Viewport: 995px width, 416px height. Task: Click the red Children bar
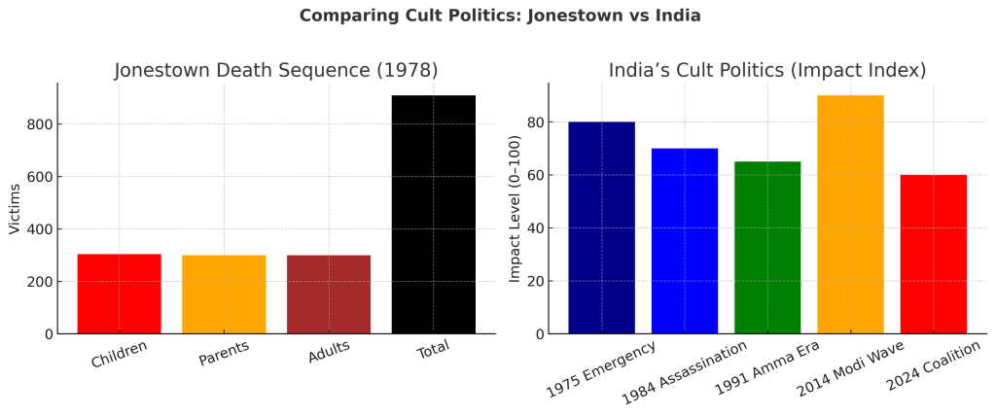(x=119, y=294)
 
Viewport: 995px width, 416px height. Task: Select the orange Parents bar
(x=224, y=295)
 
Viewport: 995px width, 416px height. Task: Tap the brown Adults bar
(x=329, y=295)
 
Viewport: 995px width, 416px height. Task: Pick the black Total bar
(x=434, y=214)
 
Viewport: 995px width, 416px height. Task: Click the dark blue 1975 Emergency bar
(x=601, y=227)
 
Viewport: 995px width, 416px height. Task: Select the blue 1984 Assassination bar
(x=685, y=241)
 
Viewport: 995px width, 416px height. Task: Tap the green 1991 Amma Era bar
(x=767, y=247)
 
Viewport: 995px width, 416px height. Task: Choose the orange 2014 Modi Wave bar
(x=851, y=214)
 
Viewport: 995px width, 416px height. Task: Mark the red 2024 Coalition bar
(x=934, y=254)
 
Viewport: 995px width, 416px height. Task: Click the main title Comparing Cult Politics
(x=500, y=16)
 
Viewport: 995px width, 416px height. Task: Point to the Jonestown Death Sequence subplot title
(x=276, y=70)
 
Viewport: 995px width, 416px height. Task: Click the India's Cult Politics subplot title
(x=766, y=70)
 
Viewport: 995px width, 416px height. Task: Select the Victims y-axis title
(x=15, y=209)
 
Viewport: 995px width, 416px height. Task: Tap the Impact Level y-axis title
(x=515, y=209)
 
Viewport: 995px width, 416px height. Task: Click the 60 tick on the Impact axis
(x=532, y=176)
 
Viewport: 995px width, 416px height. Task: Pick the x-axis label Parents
(x=224, y=354)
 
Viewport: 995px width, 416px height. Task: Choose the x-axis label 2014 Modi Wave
(x=850, y=368)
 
